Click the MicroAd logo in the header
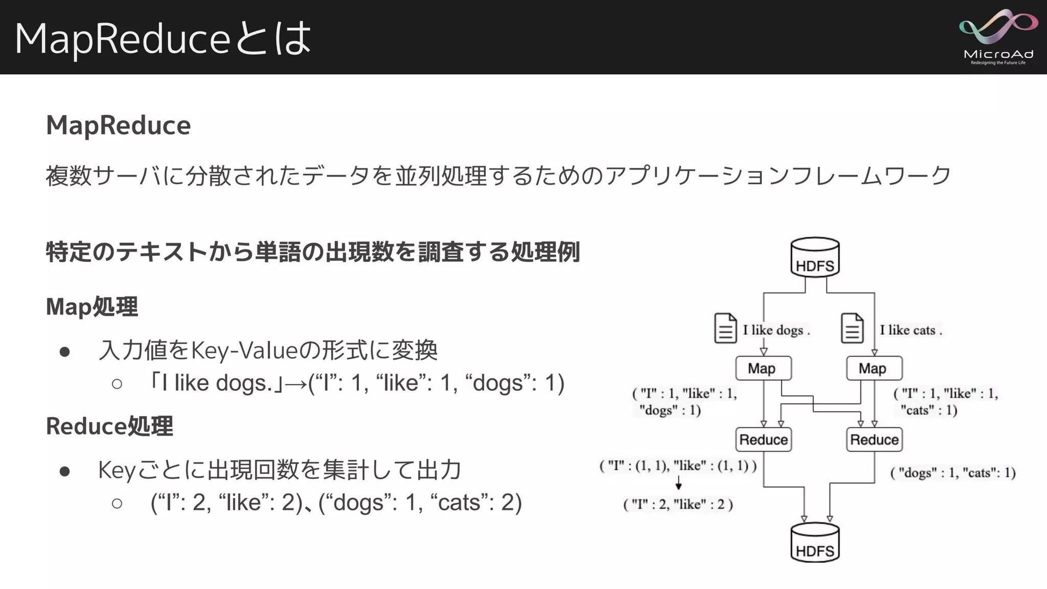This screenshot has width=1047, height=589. (998, 37)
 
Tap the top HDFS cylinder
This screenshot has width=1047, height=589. (815, 258)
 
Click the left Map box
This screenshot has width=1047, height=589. (763, 369)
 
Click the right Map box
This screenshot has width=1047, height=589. (874, 369)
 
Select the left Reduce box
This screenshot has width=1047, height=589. (763, 440)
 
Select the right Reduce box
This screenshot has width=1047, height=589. (874, 440)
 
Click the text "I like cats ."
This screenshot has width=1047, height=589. (911, 330)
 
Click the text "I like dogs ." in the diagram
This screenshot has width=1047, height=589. (777, 330)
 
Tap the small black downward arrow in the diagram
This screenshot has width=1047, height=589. (678, 484)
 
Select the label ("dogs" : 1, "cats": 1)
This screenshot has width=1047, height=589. (953, 473)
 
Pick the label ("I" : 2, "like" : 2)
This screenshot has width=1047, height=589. (678, 504)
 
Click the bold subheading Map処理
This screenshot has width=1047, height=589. (92, 306)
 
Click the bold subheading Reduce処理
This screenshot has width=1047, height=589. (110, 426)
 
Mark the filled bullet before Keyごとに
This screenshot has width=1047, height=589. (65, 471)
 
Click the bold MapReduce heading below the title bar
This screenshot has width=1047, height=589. (118, 125)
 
